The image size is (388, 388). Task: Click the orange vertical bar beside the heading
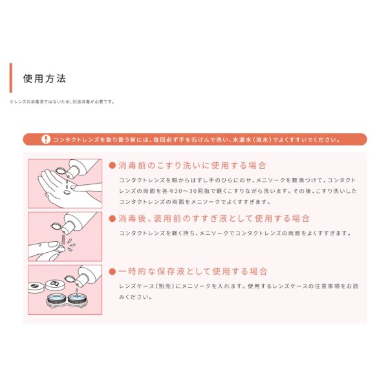[x=11, y=78]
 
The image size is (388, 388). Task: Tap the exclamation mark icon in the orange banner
[x=45, y=139]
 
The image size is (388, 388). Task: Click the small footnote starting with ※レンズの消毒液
[x=62, y=102]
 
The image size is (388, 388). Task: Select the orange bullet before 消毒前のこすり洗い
[x=113, y=166]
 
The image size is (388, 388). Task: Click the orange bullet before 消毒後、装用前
[x=113, y=219]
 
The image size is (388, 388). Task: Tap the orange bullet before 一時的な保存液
[x=113, y=272]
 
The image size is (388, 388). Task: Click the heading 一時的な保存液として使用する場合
[x=193, y=272]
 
